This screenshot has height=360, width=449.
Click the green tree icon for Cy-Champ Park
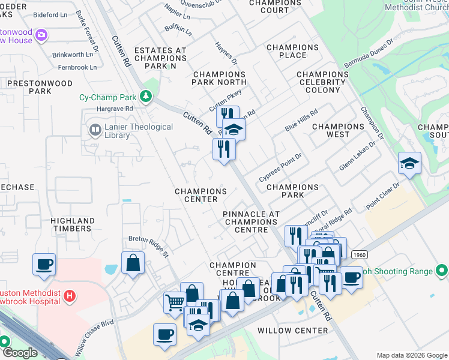click(x=145, y=97)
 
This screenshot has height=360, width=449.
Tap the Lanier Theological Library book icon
click(x=94, y=130)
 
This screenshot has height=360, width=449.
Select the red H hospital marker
click(x=70, y=296)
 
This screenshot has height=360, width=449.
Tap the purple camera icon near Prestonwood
click(x=41, y=35)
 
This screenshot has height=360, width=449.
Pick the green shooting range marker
click(x=441, y=271)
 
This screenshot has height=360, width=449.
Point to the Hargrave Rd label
click(x=114, y=109)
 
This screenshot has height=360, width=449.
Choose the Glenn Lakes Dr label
click(x=357, y=157)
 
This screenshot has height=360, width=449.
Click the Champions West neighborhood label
click(x=338, y=130)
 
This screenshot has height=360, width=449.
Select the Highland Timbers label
click(x=71, y=224)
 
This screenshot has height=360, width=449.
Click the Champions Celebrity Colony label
click(x=323, y=82)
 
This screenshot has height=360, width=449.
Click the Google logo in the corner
click(x=20, y=353)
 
